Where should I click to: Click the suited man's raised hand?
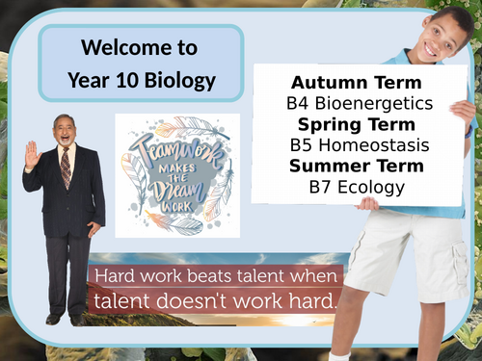32,154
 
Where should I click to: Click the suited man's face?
64,131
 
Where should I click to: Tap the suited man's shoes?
63,320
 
